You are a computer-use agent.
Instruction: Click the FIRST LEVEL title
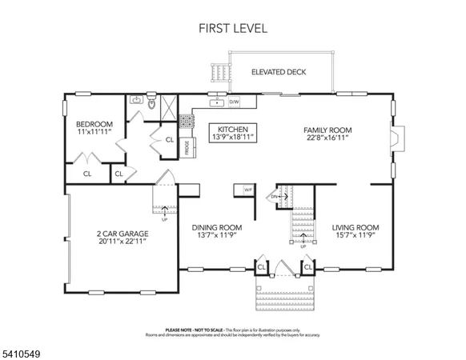233,28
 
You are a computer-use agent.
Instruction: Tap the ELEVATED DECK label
278,72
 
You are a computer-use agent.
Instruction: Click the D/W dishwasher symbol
235,102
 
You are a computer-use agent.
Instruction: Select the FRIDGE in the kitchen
187,149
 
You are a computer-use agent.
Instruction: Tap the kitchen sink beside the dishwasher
215,102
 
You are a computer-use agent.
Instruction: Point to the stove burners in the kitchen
187,121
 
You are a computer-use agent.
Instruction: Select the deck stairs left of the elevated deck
218,74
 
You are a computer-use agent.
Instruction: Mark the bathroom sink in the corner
136,100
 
